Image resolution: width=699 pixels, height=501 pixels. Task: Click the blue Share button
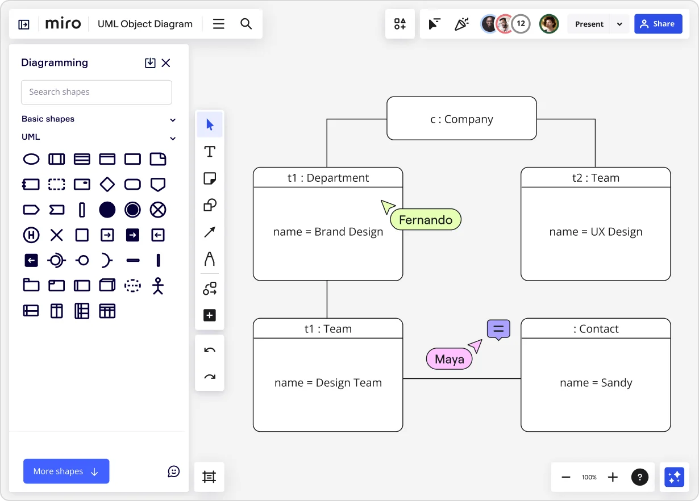[658, 24]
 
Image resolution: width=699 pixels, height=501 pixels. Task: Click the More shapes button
[66, 471]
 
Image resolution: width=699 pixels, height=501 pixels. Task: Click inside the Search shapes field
[97, 92]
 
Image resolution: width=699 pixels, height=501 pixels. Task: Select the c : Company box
[461, 119]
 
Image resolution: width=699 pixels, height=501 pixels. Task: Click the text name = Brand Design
[328, 232]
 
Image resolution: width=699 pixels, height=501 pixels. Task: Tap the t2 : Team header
[596, 178]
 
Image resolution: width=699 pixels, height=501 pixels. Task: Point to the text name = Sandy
[596, 383]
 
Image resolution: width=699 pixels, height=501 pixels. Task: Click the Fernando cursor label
[426, 220]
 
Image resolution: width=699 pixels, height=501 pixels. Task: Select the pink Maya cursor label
[449, 359]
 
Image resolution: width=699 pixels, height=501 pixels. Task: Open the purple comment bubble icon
[498, 329]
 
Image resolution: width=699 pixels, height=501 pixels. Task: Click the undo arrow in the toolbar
[210, 350]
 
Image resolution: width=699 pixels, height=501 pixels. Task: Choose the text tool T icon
[210, 152]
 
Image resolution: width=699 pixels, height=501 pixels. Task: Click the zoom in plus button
[613, 477]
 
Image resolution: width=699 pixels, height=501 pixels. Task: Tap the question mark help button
[640, 477]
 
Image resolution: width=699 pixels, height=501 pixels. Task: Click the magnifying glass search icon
[246, 24]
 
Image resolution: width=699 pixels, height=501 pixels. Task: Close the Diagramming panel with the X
[166, 63]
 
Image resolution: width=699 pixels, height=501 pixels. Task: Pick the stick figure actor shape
[158, 286]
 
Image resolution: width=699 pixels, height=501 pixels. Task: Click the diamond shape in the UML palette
[107, 184]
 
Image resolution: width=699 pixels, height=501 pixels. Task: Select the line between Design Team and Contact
[461, 379]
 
